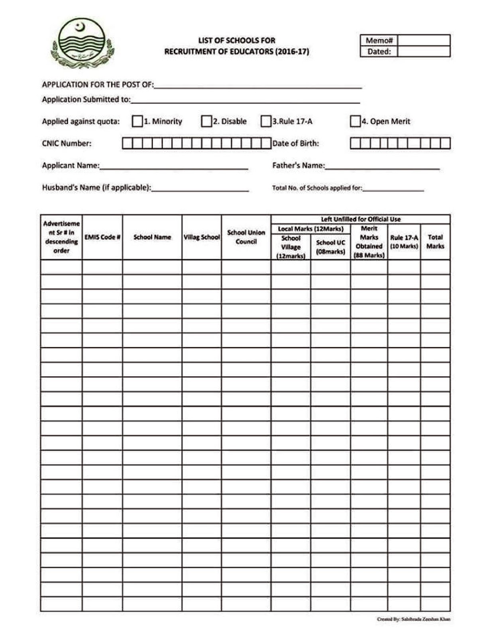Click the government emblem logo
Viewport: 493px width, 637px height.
[82, 43]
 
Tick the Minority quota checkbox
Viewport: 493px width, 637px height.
[137, 121]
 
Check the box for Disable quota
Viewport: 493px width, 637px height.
[206, 121]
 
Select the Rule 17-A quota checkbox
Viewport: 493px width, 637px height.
[265, 121]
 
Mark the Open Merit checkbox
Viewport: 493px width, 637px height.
[355, 121]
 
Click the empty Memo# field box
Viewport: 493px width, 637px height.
[424, 40]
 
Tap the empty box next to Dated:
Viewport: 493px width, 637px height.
[424, 51]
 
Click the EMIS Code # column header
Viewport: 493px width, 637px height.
[102, 237]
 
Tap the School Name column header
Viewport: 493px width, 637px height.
[152, 237]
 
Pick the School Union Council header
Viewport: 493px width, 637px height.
[246, 237]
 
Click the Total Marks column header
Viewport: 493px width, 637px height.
[435, 242]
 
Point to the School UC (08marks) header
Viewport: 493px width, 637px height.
[330, 247]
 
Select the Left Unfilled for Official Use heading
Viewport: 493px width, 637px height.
[361, 219]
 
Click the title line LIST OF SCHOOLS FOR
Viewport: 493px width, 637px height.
[237, 40]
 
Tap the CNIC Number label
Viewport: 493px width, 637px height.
[67, 143]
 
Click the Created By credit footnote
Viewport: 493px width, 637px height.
[413, 619]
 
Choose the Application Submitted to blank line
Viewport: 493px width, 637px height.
[245, 100]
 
